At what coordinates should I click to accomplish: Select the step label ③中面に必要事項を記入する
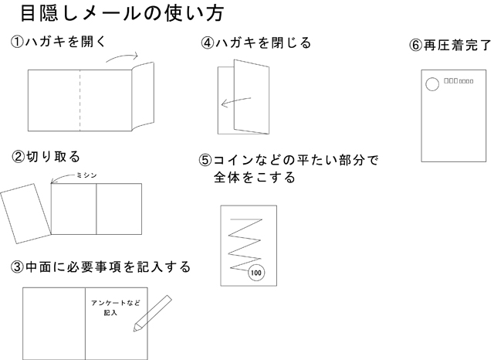tap(100, 267)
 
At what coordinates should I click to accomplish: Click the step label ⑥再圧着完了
tap(450, 45)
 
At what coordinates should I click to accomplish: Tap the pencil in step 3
tap(151, 313)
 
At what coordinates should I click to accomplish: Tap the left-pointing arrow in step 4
tap(235, 103)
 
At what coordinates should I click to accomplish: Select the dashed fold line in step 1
tap(80, 100)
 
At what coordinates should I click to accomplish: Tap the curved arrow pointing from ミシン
tap(61, 179)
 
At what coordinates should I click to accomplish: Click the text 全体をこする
tap(255, 178)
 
